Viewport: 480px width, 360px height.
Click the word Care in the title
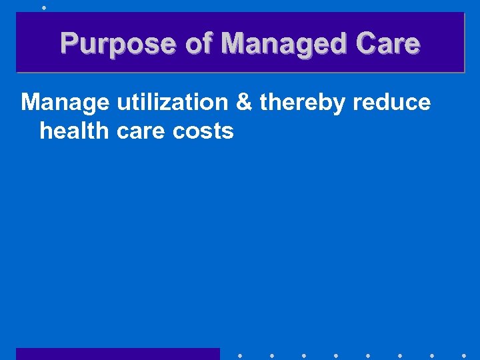coord(388,44)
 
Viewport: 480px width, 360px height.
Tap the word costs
coord(203,131)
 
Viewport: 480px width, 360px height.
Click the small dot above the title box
coord(43,7)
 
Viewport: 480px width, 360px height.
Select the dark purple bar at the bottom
coord(118,353)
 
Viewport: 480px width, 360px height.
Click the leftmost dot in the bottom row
coord(239,356)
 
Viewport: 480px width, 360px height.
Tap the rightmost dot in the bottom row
coord(464,356)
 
